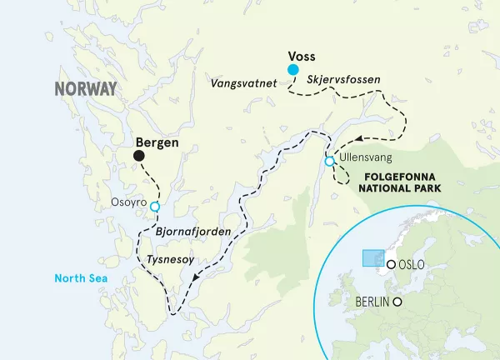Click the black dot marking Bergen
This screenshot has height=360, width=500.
138,156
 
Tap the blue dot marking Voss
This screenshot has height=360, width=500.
292,69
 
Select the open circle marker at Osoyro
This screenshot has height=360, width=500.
154,202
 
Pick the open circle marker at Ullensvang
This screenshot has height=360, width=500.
329,161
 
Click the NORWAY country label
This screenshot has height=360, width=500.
87,89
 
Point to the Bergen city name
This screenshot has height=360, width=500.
157,142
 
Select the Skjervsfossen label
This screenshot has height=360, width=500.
344,80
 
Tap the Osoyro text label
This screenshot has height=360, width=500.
128,202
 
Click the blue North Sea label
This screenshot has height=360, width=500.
79,279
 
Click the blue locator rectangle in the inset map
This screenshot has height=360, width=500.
372,257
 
